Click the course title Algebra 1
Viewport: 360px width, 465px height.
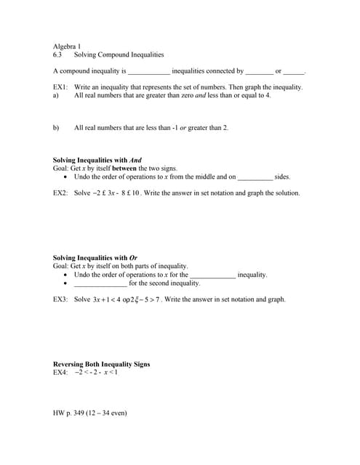67,46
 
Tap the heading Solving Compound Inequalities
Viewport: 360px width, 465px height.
119,54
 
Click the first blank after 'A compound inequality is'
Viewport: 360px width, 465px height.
148,72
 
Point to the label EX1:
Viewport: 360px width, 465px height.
61,87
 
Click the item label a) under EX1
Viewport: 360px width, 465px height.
56,95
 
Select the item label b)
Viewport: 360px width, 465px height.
56,128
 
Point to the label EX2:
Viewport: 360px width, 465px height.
61,193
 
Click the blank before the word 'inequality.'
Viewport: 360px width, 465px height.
212,275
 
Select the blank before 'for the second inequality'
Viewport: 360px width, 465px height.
100,283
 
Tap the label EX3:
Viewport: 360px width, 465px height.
61,299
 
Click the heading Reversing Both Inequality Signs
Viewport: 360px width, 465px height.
102,364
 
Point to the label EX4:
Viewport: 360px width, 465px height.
61,373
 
